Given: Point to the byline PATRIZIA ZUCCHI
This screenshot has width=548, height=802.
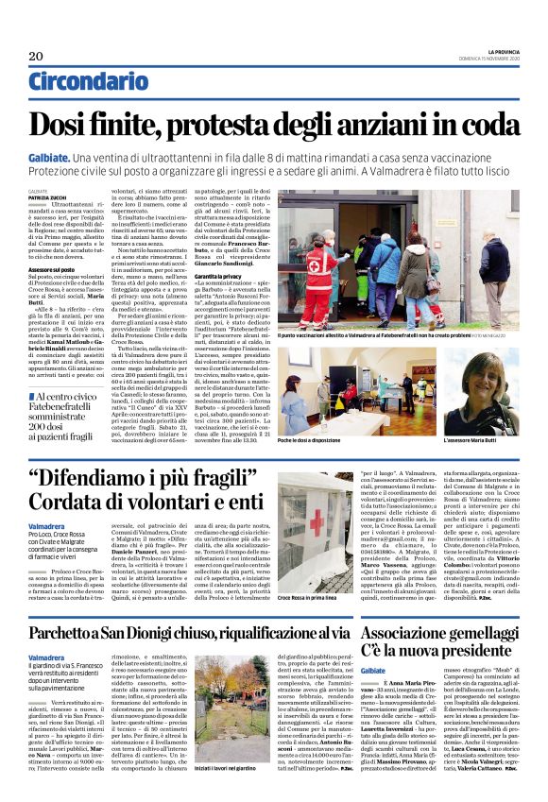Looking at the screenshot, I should point(46,196).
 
